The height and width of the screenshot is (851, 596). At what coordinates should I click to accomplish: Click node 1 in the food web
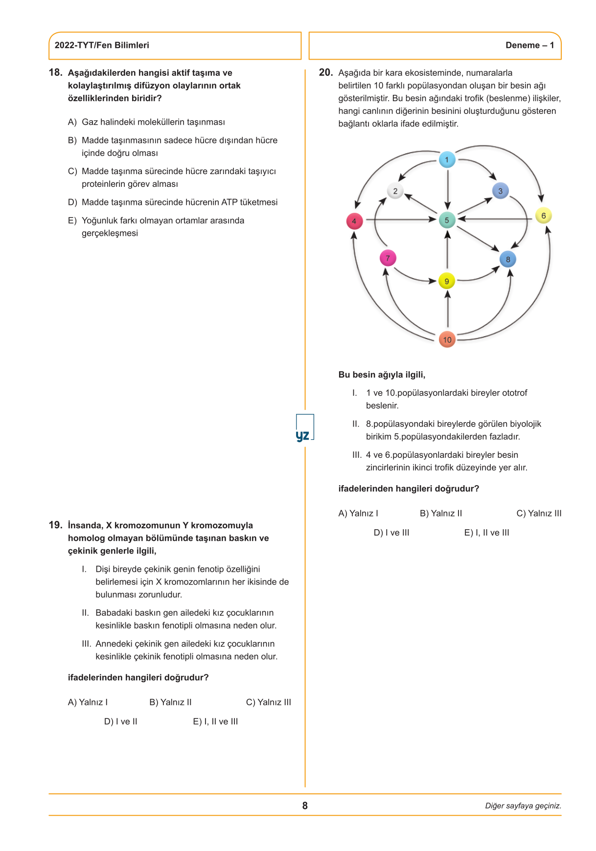point(447,159)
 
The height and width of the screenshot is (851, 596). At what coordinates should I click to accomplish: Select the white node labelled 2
point(395,191)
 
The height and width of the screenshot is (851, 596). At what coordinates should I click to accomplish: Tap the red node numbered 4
point(354,221)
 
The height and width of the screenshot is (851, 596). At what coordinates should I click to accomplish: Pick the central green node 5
point(447,220)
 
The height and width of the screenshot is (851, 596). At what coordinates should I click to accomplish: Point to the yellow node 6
point(543,216)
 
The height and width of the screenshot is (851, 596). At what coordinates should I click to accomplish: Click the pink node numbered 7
point(388,258)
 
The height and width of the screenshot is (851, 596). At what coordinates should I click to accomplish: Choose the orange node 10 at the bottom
point(447,339)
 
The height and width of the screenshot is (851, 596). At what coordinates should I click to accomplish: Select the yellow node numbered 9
point(446,281)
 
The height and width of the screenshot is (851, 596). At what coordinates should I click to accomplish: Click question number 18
point(55,72)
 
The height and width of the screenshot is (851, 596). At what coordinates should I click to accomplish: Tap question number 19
point(55,525)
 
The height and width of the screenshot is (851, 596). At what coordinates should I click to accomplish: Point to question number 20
point(325,72)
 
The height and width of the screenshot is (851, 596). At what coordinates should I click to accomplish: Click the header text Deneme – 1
point(529,45)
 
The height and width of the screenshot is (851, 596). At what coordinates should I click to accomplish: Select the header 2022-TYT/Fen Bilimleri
point(102,45)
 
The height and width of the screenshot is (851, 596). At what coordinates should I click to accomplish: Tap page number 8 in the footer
point(305,806)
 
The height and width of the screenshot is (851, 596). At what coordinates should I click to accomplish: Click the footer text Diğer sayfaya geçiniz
point(523,806)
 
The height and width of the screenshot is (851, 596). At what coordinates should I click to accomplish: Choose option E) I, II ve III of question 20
point(486,533)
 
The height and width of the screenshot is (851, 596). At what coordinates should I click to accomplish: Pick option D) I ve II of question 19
point(120,721)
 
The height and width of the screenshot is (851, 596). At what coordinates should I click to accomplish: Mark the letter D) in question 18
point(72,202)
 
